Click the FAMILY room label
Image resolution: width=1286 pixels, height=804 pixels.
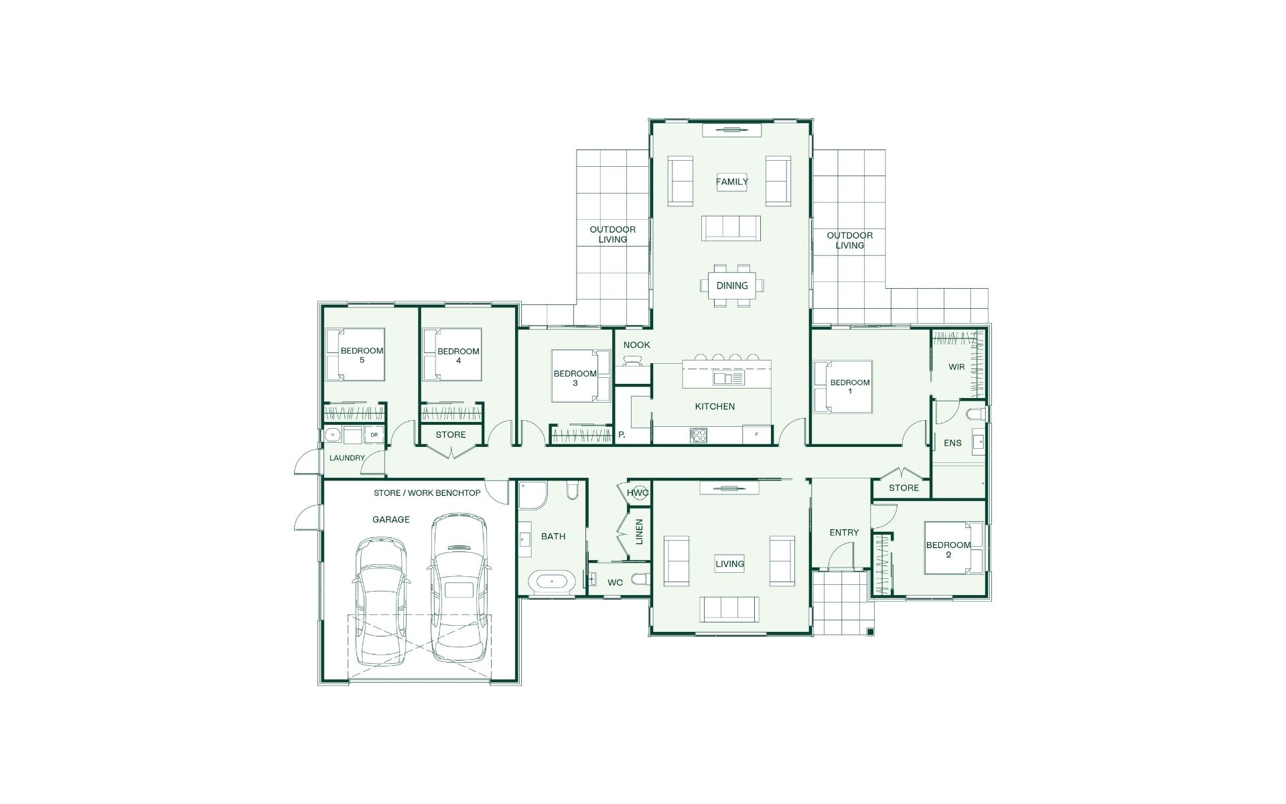[x=732, y=182]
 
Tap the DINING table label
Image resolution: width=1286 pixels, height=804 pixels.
[x=732, y=285]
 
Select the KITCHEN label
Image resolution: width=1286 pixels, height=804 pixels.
[x=715, y=407]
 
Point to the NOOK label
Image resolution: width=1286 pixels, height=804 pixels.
[x=636, y=345]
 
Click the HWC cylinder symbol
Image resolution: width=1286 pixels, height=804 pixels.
[x=638, y=493]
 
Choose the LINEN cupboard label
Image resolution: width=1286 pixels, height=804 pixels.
[x=639, y=531]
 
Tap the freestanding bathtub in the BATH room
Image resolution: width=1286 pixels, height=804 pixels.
[x=552, y=582]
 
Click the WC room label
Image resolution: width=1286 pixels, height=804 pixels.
[x=615, y=583]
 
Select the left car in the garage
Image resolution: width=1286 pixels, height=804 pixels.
[x=380, y=600]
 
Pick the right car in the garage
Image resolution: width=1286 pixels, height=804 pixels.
[x=458, y=587]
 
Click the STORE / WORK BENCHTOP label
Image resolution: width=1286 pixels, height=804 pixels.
[x=427, y=493]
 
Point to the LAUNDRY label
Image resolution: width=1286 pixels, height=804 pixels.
[x=347, y=458]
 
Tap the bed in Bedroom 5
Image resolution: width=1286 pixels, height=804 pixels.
[x=355, y=354]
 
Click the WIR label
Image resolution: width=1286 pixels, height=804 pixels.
[x=956, y=367]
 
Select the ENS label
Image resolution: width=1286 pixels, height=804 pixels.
[x=952, y=443]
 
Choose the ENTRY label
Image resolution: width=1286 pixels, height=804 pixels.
[x=844, y=533]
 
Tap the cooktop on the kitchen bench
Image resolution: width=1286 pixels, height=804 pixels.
[x=699, y=435]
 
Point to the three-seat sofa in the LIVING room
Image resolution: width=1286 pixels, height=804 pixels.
[x=729, y=608]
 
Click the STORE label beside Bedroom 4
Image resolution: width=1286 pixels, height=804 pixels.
[x=451, y=435]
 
